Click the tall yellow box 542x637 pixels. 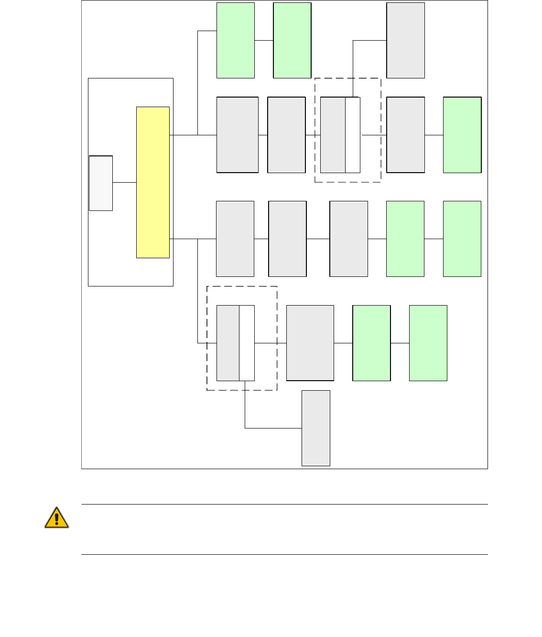point(153,182)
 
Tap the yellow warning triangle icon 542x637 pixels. point(56,517)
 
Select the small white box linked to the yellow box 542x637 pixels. point(101,183)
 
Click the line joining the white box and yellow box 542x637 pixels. point(124,182)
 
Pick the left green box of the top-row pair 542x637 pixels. point(236,40)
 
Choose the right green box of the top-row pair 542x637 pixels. point(292,40)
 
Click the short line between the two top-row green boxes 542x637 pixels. point(264,40)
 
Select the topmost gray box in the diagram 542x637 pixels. point(405,40)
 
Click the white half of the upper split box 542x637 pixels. point(353,135)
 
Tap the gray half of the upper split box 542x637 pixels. point(333,135)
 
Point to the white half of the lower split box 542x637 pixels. point(247,343)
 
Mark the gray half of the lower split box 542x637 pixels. point(228,343)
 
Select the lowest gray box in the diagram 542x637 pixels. point(316,428)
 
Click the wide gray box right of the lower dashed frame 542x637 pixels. point(310,343)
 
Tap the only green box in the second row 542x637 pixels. point(462,135)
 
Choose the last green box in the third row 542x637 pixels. point(462,239)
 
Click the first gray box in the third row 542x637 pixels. point(235,239)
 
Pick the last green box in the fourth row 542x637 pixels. point(428,343)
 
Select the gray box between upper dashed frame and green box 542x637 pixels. point(405,135)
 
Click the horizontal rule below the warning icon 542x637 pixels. point(284,555)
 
